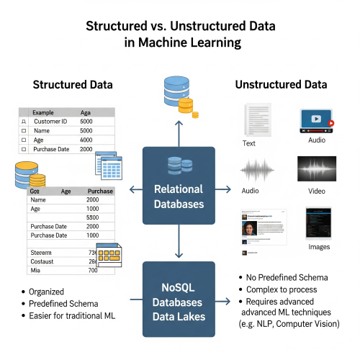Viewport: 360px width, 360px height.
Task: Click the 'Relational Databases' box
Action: point(179,189)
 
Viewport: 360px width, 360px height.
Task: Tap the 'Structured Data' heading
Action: point(72,85)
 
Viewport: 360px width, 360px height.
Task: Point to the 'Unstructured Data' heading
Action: point(281,85)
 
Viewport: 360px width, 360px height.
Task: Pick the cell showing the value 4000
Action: point(86,140)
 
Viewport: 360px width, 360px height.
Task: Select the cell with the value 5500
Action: point(92,217)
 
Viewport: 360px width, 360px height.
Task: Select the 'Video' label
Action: point(317,192)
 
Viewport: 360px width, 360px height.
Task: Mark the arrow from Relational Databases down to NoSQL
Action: point(179,248)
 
